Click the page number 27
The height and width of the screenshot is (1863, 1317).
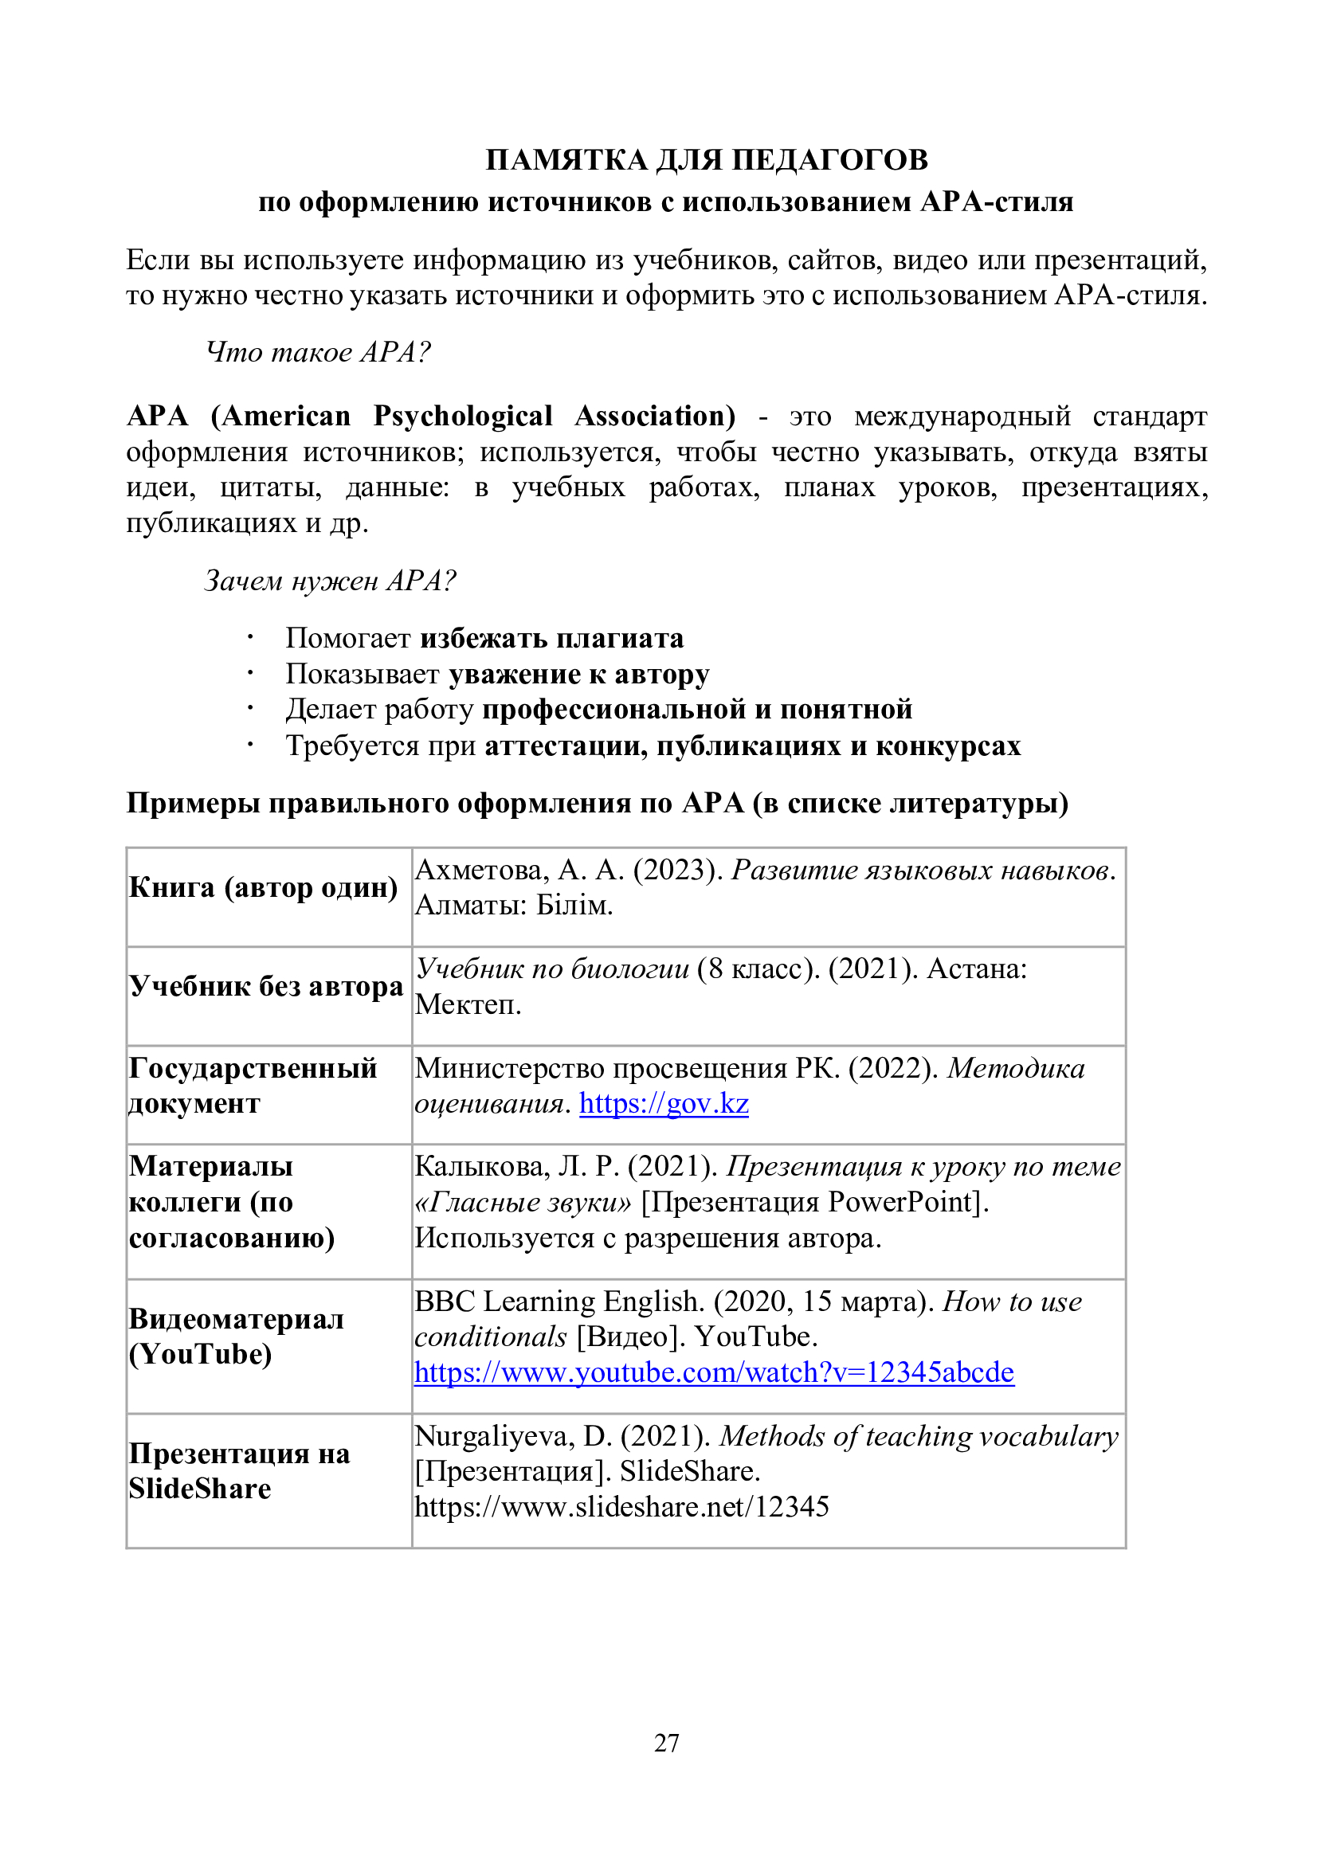666,1742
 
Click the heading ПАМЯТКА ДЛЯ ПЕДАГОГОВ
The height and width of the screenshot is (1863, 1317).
706,160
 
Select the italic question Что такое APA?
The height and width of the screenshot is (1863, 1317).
318,352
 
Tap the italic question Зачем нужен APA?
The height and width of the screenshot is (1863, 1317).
330,580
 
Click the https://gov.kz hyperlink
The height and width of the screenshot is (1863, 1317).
664,1103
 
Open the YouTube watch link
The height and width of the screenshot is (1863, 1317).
714,1372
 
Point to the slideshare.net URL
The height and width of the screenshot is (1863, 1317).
621,1507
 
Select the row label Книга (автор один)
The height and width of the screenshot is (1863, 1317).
263,887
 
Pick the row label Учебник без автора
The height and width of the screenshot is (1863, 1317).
266,987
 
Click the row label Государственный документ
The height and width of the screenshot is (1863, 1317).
253,1086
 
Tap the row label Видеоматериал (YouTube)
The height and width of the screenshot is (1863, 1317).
235,1336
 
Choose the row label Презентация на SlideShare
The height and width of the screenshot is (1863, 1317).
238,1470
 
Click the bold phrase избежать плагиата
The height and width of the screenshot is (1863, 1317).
552,639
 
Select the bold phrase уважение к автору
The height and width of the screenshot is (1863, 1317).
579,675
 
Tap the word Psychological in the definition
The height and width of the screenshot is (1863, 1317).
463,417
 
